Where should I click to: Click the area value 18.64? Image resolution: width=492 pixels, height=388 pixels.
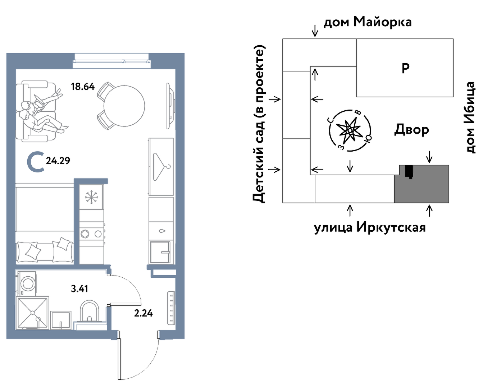pos(82,87)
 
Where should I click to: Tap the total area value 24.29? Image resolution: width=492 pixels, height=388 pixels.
pos(58,161)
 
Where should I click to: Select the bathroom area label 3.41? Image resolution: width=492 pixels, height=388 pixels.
pos(79,288)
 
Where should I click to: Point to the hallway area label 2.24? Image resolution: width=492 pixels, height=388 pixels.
pos(143,313)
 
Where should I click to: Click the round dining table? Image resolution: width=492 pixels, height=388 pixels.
pos(124,106)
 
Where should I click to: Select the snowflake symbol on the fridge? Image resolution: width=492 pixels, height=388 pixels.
pos(91,197)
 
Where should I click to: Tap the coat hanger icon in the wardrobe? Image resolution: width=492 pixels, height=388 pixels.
pos(161,167)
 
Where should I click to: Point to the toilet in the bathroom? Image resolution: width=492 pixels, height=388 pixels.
pos(90,311)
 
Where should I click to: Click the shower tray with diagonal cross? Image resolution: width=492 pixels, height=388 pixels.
pos(33,313)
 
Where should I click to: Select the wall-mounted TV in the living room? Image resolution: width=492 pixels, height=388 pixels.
pos(171,106)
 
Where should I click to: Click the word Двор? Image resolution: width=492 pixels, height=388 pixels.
pos(411,130)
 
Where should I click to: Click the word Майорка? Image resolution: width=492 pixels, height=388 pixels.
pos(383,22)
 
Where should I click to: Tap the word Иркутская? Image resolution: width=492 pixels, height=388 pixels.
pos(391,227)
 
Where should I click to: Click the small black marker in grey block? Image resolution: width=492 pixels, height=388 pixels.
pos(409,172)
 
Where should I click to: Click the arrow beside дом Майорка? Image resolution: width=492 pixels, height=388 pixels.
pos(315,31)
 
